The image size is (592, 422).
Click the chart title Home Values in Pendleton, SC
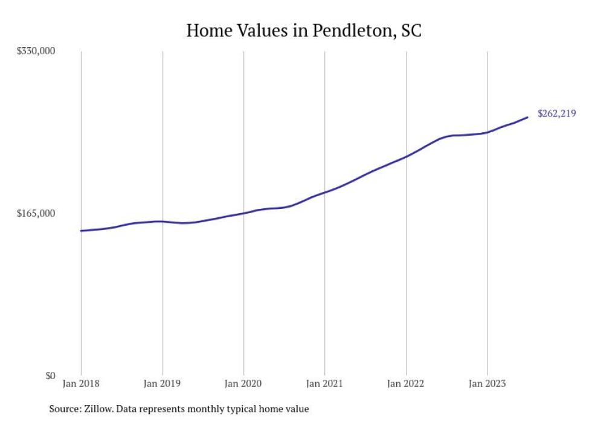(x=304, y=31)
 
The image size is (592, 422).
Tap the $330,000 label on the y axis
(x=35, y=51)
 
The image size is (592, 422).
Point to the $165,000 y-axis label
(x=35, y=213)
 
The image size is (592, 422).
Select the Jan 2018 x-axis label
(x=81, y=383)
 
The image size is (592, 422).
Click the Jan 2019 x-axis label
(x=162, y=383)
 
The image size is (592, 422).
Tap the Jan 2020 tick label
(x=243, y=383)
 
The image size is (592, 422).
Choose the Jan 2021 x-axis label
(x=325, y=383)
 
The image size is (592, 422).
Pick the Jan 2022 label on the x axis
(x=406, y=383)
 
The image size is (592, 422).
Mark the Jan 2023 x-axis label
(x=487, y=383)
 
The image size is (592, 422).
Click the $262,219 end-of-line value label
(x=556, y=113)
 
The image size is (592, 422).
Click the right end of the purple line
(x=527, y=117)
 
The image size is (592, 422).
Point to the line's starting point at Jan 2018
(x=81, y=231)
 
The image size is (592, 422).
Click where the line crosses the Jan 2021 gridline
(x=325, y=193)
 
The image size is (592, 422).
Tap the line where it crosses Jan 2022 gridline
(x=406, y=157)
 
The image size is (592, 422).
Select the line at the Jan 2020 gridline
(x=243, y=213)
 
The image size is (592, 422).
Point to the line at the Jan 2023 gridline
(x=487, y=132)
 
